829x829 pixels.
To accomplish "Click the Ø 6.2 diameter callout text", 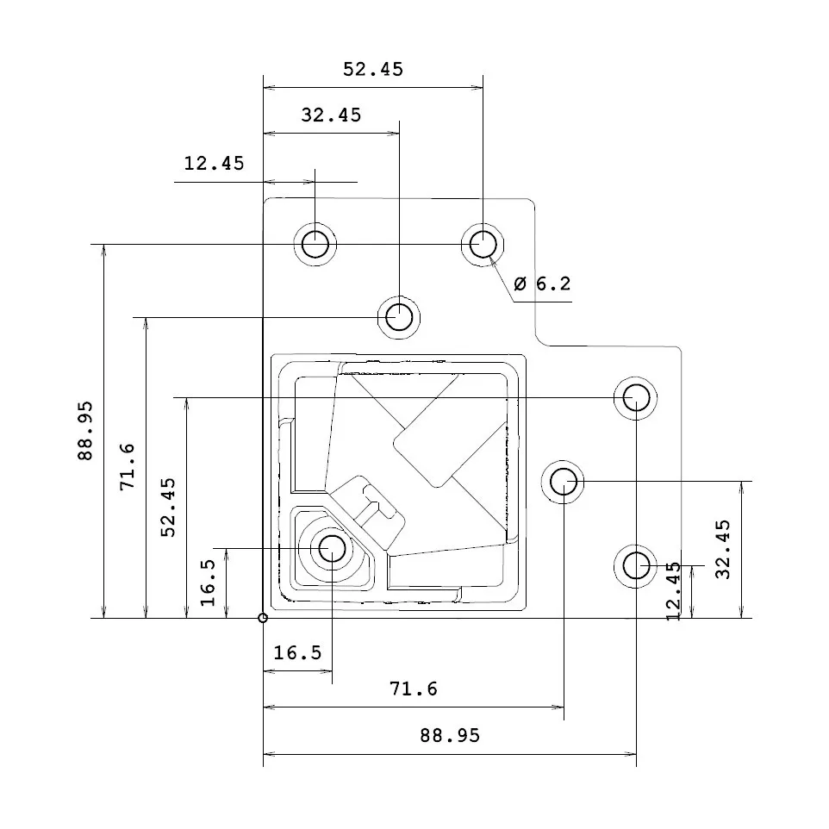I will tap(541, 284).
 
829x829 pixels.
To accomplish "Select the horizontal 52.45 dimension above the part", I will tap(372, 70).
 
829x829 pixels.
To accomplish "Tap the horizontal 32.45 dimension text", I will tap(331, 115).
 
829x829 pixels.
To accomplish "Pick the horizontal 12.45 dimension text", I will tap(214, 163).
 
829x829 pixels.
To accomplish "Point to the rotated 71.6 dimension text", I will tap(128, 466).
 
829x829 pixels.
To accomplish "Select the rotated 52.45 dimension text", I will tap(169, 508).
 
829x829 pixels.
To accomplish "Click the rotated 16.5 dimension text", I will tap(209, 583).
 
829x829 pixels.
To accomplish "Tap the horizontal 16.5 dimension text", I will tap(297, 653).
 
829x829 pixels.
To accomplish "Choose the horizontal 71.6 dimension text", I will tap(414, 689).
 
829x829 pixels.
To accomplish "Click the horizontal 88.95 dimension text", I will tap(450, 736).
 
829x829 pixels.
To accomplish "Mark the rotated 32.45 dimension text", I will tap(722, 548).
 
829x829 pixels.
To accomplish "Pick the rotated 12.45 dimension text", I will tap(674, 590).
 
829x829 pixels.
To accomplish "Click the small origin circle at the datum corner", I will tap(263, 618).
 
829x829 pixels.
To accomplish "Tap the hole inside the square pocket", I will tap(331, 548).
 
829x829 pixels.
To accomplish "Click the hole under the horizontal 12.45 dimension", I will tap(315, 244).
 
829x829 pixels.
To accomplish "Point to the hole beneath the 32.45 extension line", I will tap(399, 317).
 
